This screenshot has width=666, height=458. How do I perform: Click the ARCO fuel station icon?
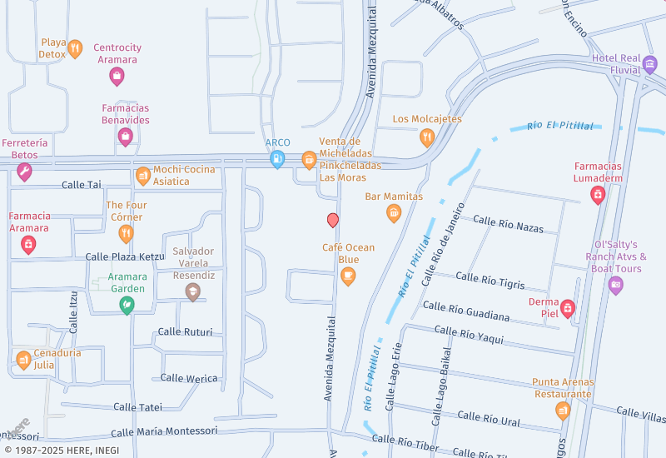[277, 158]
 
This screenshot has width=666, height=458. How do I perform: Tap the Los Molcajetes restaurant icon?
[427, 137]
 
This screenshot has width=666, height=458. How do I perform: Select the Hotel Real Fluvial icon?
[650, 65]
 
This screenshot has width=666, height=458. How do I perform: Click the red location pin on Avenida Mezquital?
[333, 220]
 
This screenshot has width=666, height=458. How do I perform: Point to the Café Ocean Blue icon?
[348, 276]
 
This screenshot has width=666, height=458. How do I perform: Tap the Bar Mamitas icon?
[394, 213]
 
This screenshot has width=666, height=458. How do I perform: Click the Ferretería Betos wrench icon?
[24, 172]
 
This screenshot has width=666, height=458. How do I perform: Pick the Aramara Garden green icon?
[127, 306]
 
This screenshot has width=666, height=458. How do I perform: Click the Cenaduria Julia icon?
[23, 360]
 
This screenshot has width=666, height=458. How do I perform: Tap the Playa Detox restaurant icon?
[75, 48]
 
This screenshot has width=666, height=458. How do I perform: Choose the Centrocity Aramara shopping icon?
[117, 77]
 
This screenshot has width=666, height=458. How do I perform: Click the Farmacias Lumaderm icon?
[597, 195]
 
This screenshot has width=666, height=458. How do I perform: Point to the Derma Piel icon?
[568, 308]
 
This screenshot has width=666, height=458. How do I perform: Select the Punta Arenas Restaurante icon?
[563, 410]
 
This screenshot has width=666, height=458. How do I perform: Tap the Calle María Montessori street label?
[163, 431]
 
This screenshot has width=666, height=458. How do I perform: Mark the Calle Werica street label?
[189, 378]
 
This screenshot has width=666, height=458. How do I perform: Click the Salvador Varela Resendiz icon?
[193, 291]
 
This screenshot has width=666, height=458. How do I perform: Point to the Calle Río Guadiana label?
[465, 311]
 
